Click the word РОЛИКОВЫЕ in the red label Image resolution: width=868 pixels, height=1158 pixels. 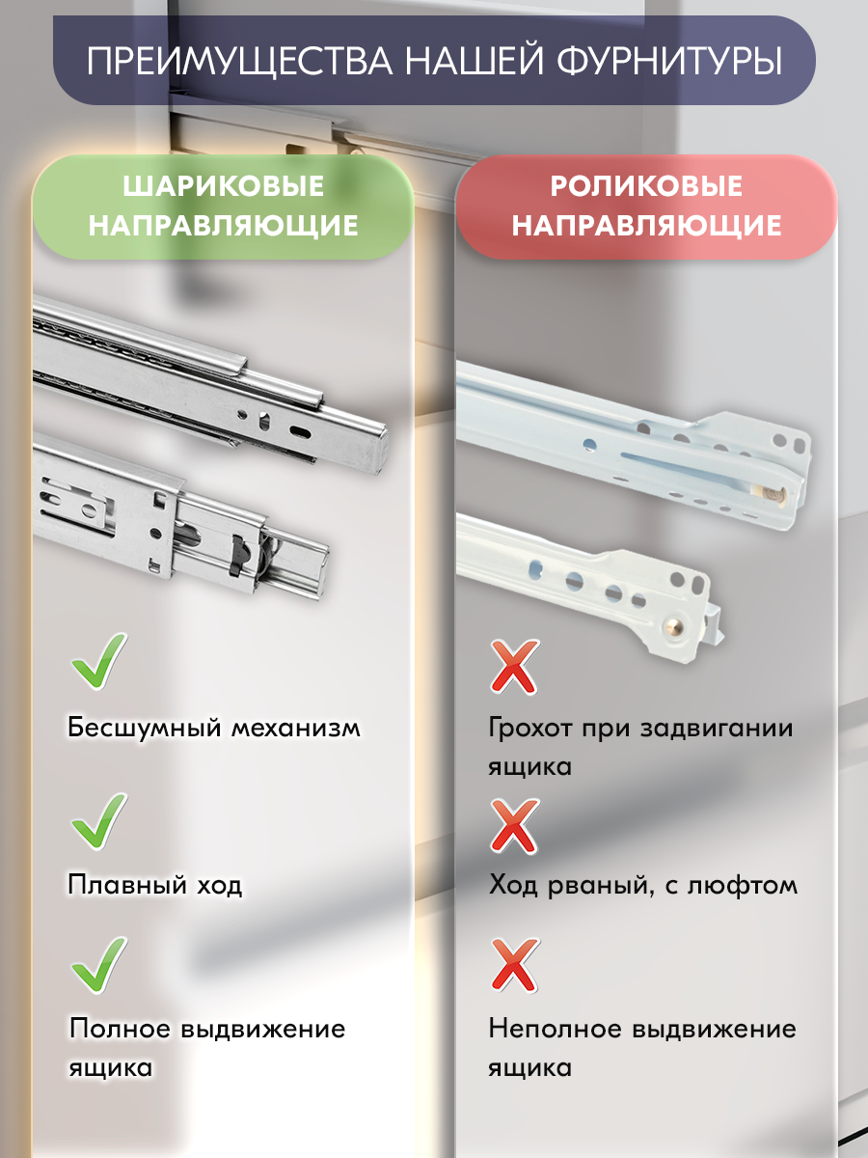[x=645, y=186]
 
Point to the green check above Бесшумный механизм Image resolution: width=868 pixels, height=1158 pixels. [x=99, y=662]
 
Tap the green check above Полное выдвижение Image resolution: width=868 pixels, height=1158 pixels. [x=99, y=965]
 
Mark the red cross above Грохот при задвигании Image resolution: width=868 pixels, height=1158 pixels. [x=514, y=666]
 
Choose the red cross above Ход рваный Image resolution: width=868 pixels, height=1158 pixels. [x=514, y=825]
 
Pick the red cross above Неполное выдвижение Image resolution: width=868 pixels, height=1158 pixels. [x=514, y=965]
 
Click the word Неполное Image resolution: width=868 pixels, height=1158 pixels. [x=555, y=1029]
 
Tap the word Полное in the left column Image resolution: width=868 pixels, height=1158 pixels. [x=118, y=1029]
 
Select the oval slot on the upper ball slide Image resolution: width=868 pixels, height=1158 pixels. [x=301, y=431]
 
